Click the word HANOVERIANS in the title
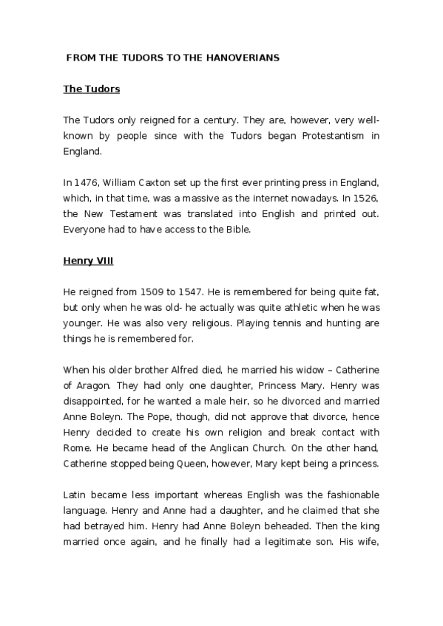pos(243,57)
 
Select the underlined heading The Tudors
pos(92,89)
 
